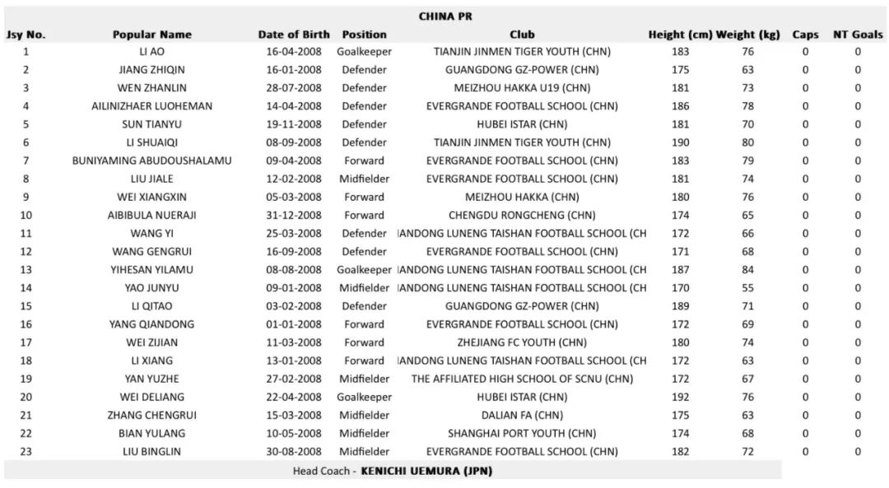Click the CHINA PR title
click(x=445, y=16)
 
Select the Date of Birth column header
click(x=294, y=35)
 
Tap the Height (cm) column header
click(x=680, y=35)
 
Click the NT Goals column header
click(x=857, y=35)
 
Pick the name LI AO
click(x=151, y=52)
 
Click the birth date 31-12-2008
click(x=294, y=216)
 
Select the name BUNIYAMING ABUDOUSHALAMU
click(x=151, y=161)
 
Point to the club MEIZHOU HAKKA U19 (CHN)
click(x=522, y=88)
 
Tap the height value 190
click(x=680, y=143)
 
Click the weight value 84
click(x=747, y=270)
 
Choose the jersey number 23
click(x=26, y=452)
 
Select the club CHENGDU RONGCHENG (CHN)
click(x=522, y=216)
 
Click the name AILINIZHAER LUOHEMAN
click(x=151, y=106)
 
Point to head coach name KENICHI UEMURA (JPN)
click(x=426, y=472)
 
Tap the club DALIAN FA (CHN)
click(x=522, y=416)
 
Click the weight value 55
click(x=747, y=288)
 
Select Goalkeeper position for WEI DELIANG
click(x=364, y=397)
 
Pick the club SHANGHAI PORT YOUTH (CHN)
click(x=522, y=434)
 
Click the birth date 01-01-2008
click(x=294, y=324)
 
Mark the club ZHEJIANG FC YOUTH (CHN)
click(x=522, y=342)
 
